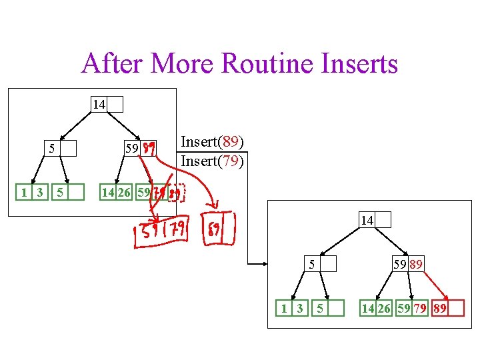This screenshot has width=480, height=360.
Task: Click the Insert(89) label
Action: point(212,142)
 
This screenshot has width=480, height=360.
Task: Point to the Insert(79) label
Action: point(212,161)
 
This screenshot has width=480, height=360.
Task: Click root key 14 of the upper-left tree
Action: point(99,104)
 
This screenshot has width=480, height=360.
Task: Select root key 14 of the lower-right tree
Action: point(367,220)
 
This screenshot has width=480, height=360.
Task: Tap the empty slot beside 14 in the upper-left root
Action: point(115,104)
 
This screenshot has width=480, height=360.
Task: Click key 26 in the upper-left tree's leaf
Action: point(125,193)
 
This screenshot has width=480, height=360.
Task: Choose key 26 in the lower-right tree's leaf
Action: point(385,308)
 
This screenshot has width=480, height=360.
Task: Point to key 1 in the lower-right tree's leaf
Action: point(285,308)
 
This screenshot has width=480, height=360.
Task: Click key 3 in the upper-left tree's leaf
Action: point(40,193)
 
